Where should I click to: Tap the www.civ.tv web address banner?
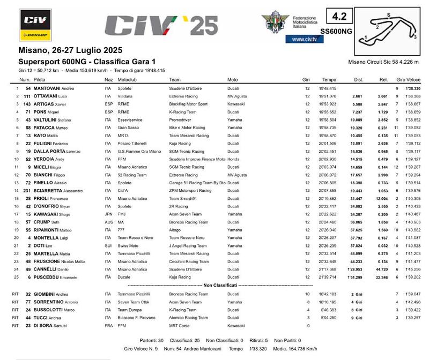(297, 39)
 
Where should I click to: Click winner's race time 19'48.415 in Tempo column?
(327, 88)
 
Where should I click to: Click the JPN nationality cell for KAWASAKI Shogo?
(108, 214)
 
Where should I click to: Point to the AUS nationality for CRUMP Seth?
(108, 222)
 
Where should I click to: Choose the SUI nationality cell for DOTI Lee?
(108, 245)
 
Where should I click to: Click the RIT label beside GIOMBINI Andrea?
(16, 294)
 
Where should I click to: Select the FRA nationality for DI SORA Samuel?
(108, 326)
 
